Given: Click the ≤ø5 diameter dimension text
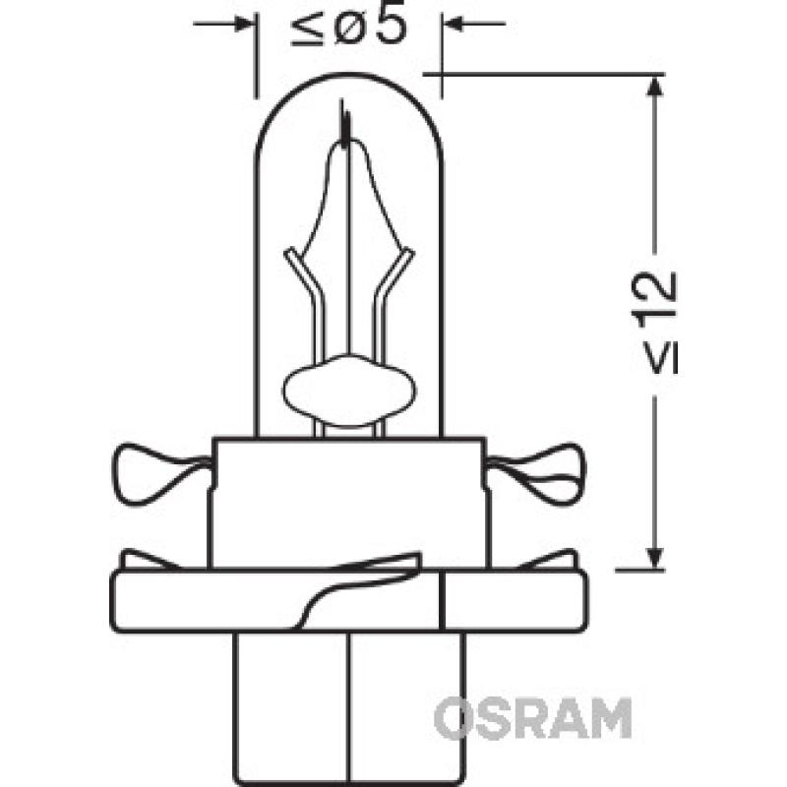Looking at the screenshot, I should tap(349, 30).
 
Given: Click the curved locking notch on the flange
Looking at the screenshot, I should tap(334, 590).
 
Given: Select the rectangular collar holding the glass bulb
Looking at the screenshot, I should tap(348, 502).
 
